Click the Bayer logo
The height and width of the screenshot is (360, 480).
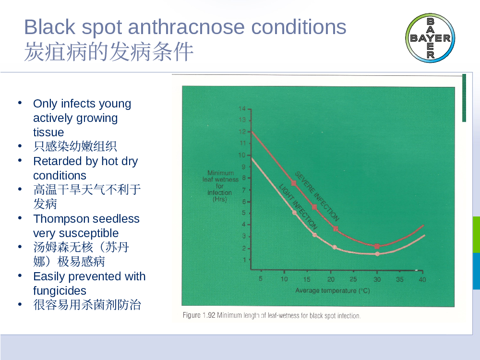430,38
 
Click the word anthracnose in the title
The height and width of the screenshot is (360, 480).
186,27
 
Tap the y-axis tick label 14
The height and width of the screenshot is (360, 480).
242,108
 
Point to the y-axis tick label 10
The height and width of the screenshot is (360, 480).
242,155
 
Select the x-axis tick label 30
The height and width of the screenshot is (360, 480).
377,279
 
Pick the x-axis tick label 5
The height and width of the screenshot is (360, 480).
261,278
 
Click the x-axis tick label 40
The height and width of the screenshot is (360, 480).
422,279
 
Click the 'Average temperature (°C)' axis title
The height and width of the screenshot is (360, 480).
333,290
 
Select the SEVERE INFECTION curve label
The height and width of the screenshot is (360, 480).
317,196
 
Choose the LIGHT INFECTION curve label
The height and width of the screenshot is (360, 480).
298,206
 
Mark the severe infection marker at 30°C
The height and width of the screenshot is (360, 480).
377,246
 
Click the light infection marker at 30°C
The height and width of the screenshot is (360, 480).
377,254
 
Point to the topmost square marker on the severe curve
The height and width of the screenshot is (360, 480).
294,183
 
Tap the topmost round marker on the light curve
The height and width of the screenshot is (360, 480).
295,213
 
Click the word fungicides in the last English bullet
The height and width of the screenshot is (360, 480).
60,290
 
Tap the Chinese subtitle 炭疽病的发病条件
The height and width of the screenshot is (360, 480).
108,51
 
